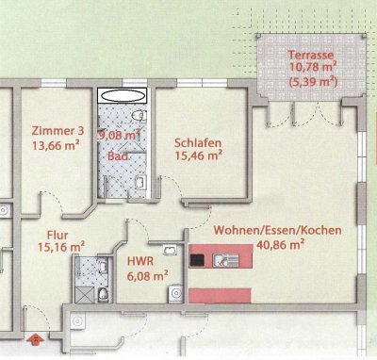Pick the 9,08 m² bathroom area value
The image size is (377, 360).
(121, 135)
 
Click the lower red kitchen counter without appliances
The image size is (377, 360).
(226, 286)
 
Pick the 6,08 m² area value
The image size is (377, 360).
(146, 276)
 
